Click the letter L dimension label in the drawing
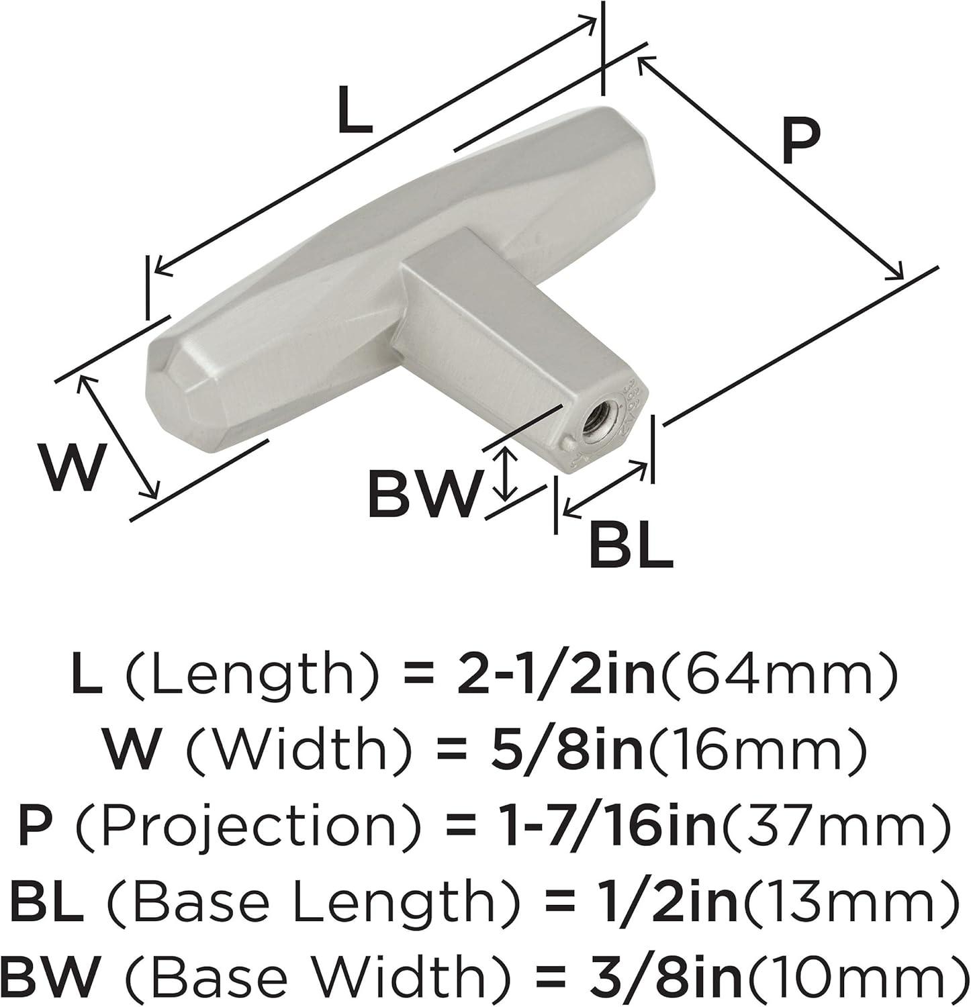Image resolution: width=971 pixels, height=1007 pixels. (354, 111)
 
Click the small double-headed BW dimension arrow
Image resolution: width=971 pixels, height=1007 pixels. (506, 475)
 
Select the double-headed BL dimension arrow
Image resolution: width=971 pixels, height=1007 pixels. (606, 489)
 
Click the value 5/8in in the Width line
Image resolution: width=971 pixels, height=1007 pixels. (576, 749)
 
